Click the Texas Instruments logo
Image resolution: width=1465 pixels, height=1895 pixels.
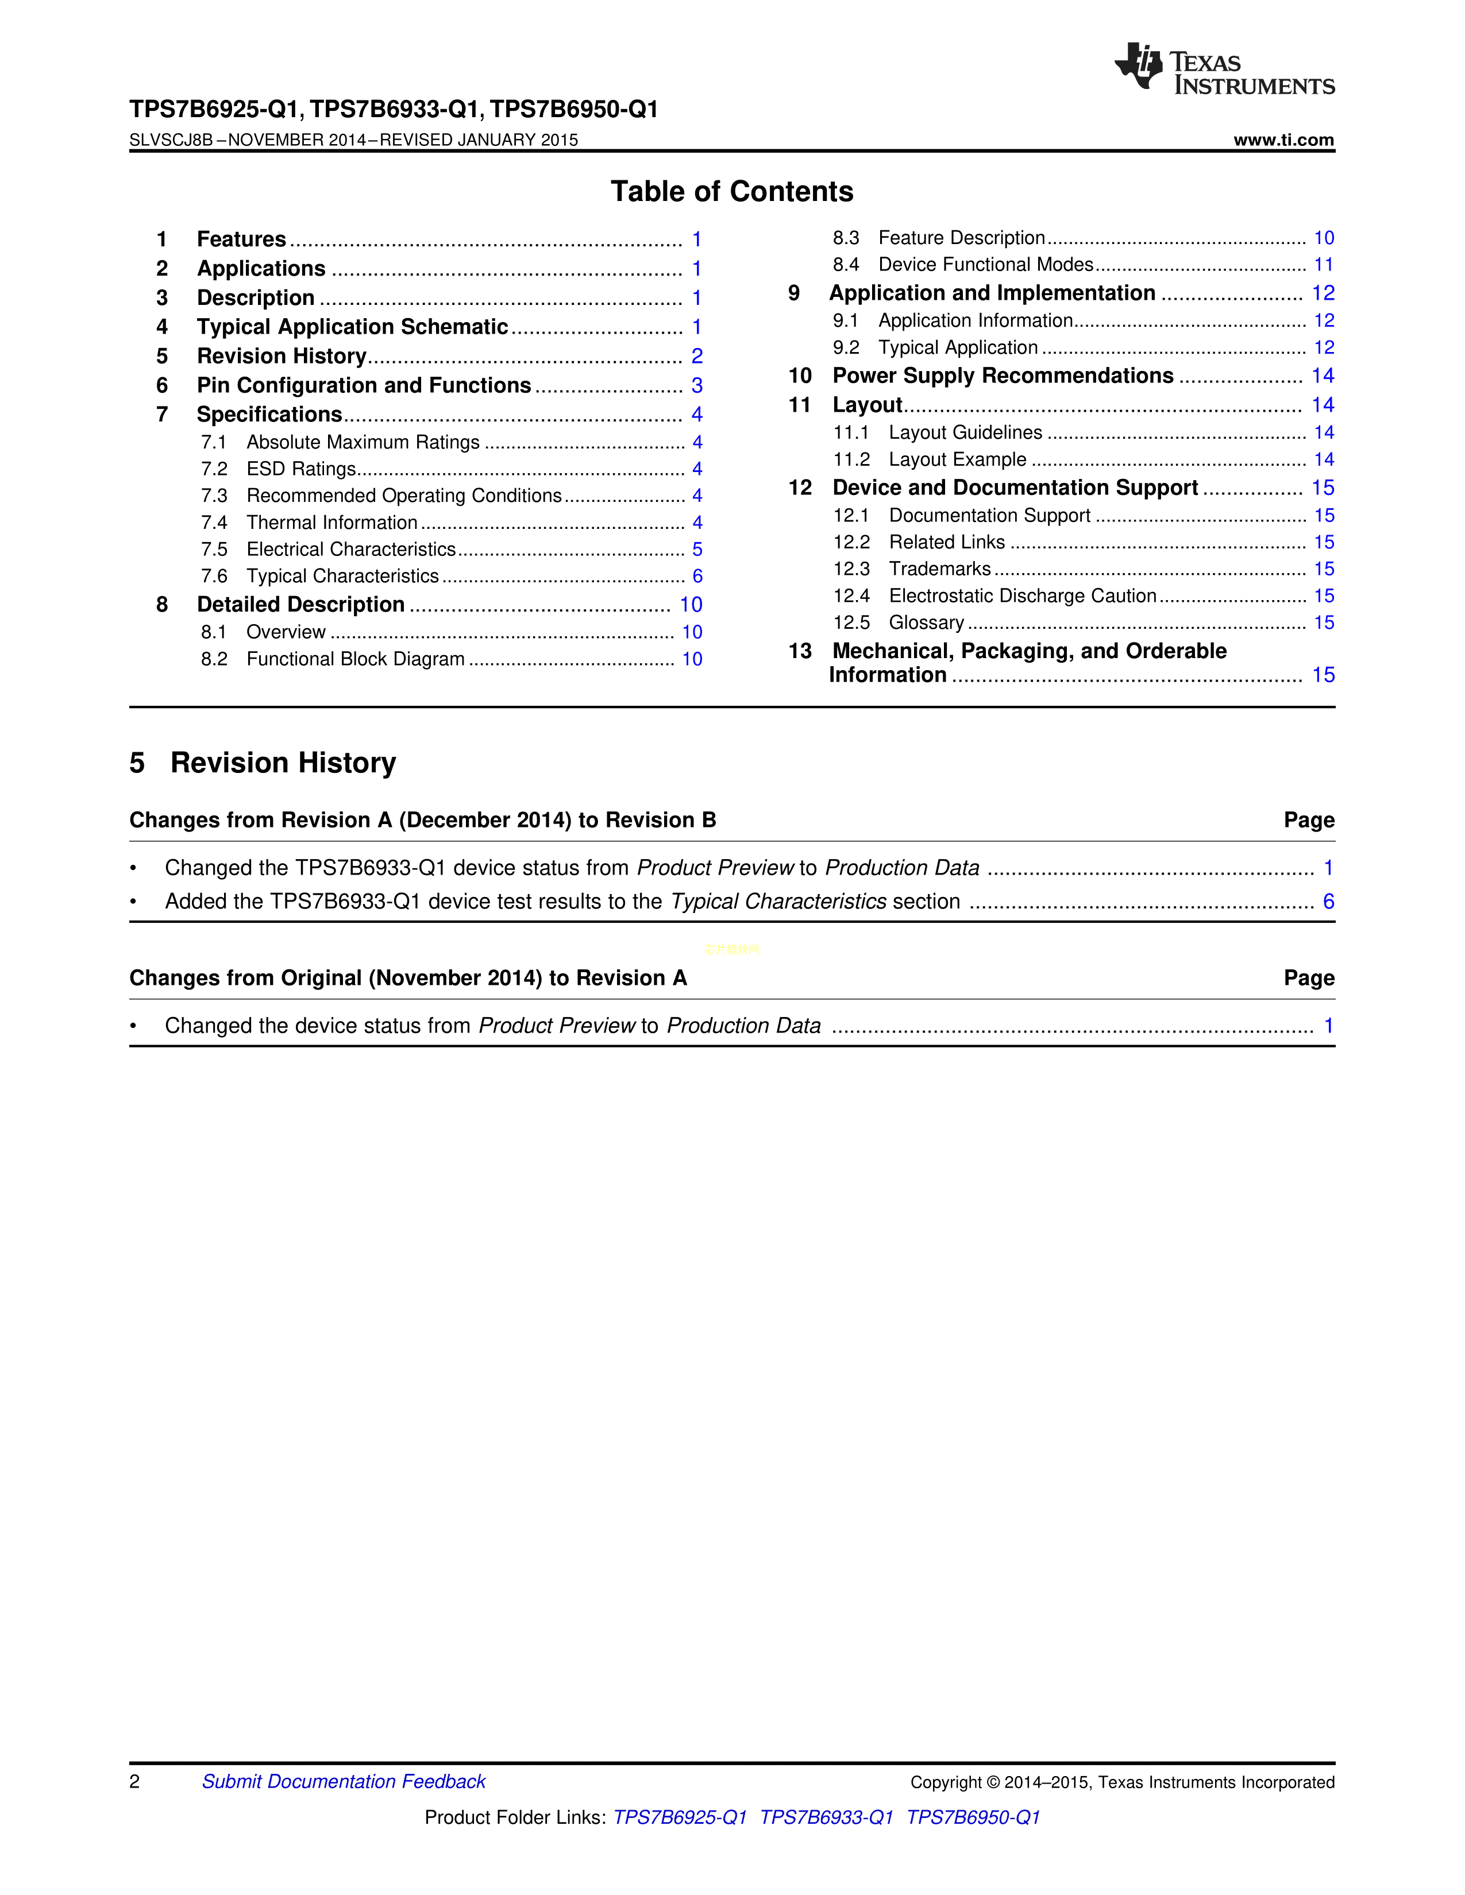pyautogui.click(x=1224, y=68)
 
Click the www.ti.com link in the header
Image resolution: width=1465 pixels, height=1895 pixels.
pyautogui.click(x=1283, y=140)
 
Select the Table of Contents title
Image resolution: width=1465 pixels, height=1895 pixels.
pyautogui.click(x=731, y=192)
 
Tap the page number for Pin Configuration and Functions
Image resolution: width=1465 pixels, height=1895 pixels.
pyautogui.click(x=696, y=385)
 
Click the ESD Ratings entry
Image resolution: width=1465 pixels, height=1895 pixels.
pyautogui.click(x=300, y=469)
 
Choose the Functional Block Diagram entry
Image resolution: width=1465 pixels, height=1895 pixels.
pyautogui.click(x=355, y=659)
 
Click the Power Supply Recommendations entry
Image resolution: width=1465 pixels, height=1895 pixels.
pyautogui.click(x=1003, y=376)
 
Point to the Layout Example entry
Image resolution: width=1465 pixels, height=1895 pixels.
pyautogui.click(x=957, y=460)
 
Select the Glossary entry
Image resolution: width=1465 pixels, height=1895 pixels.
pyautogui.click(x=926, y=623)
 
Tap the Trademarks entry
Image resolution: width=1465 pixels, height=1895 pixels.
pyautogui.click(x=939, y=569)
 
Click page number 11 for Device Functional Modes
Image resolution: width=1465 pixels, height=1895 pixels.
pyautogui.click(x=1323, y=265)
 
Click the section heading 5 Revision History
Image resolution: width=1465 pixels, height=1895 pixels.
pyautogui.click(x=263, y=763)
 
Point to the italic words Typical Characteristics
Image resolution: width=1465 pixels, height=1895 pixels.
pyautogui.click(x=778, y=902)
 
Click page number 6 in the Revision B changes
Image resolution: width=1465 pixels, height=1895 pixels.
pyautogui.click(x=1328, y=902)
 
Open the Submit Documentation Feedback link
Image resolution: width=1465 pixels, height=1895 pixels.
pyautogui.click(x=344, y=1781)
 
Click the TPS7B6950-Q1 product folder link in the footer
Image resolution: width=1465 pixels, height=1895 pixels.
pyautogui.click(x=973, y=1817)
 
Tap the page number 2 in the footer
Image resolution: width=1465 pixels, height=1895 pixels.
pyautogui.click(x=134, y=1781)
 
